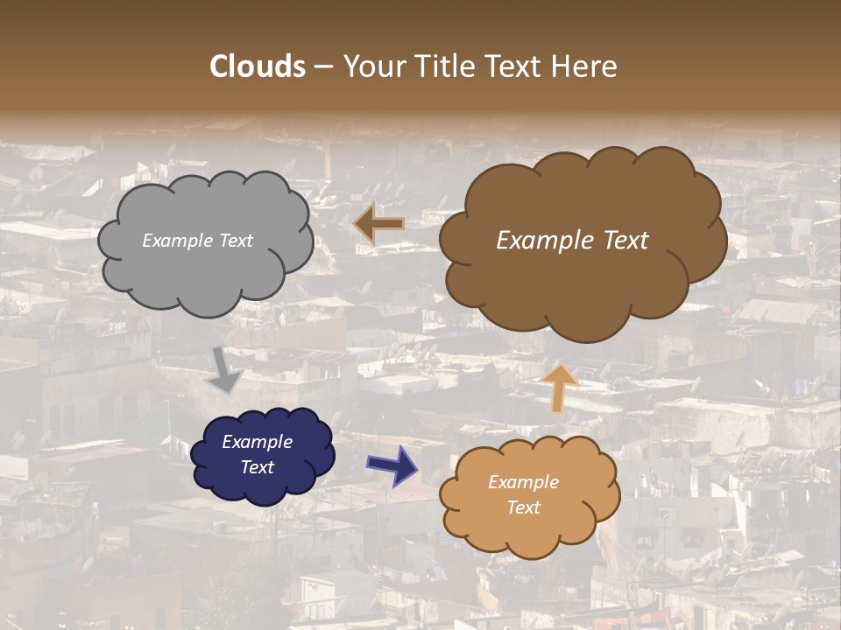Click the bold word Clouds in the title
tap(258, 66)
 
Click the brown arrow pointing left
tap(378, 225)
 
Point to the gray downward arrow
tap(225, 370)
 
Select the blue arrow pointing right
tap(392, 465)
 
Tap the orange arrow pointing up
tap(559, 388)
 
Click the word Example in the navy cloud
tap(257, 442)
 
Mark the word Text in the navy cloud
tap(257, 467)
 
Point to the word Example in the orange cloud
tap(523, 482)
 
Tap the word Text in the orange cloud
tap(523, 507)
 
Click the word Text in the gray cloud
tap(236, 241)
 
